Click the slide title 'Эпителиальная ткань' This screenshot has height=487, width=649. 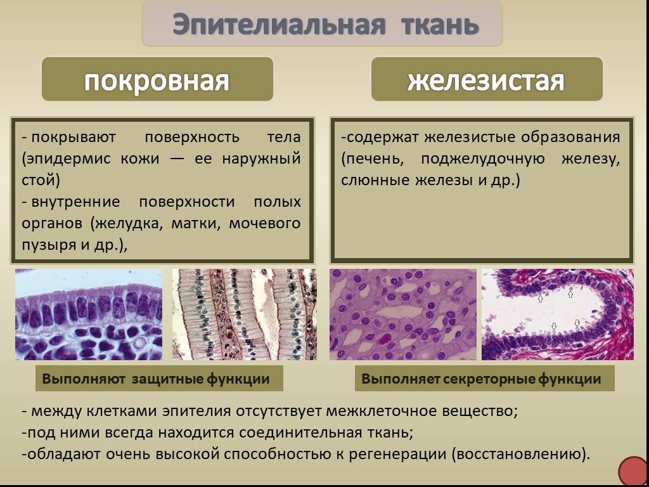[x=324, y=25]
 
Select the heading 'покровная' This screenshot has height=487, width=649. [x=157, y=81]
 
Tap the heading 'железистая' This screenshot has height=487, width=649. [x=486, y=81]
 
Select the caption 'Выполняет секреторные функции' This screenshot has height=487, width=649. [x=482, y=379]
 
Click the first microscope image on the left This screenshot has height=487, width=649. [x=89, y=315]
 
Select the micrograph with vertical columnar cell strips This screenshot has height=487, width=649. [x=244, y=315]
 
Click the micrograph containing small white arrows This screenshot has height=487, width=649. [x=557, y=315]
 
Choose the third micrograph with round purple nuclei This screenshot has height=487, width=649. [x=402, y=315]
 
